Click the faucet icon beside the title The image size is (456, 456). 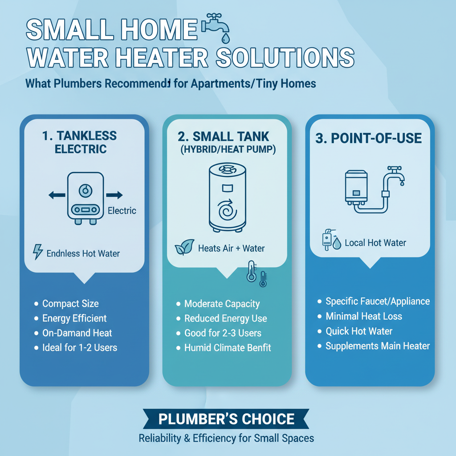tap(216, 28)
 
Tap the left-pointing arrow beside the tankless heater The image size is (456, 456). tap(57, 195)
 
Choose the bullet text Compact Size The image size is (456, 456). tap(70, 304)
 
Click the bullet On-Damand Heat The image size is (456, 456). tap(77, 333)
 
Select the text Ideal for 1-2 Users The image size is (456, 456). tap(80, 347)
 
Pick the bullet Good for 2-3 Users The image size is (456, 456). tap(223, 333)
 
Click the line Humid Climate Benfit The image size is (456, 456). tap(228, 348)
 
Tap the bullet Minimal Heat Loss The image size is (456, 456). tap(364, 317)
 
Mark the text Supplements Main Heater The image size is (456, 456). tap(378, 346)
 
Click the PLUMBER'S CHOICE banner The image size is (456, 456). tap(226, 419)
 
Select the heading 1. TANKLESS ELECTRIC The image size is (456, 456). tap(80, 142)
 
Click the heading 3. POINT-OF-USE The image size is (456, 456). tap(369, 138)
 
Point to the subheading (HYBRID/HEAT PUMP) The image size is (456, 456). tap(228, 150)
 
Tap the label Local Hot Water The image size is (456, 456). tap(375, 243)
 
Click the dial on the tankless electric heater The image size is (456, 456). tap(84, 191)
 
